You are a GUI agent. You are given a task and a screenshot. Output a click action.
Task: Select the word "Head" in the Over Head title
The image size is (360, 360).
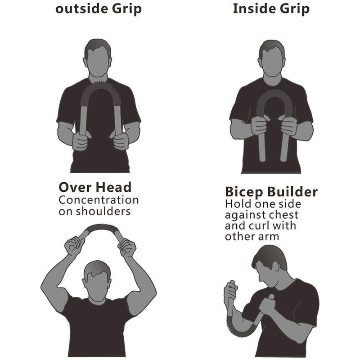point(113,187)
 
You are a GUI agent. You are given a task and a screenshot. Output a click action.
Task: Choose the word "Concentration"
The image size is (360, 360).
point(99,200)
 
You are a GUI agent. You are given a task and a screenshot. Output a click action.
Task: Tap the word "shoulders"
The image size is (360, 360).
point(103,211)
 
